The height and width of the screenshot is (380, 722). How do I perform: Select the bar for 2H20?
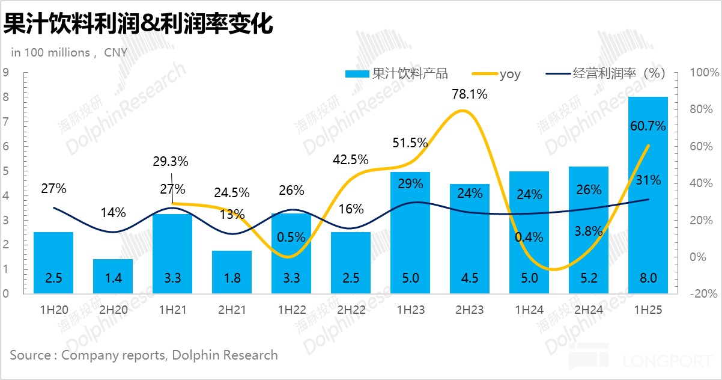[x=113, y=277]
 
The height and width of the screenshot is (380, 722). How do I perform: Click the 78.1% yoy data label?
[x=469, y=94]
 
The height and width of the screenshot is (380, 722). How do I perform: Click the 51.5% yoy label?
[x=410, y=143]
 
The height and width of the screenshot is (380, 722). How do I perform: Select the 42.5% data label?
[x=351, y=160]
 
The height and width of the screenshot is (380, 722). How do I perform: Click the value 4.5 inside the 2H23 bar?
[x=469, y=278]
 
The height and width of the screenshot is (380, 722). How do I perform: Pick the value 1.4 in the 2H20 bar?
[x=113, y=278]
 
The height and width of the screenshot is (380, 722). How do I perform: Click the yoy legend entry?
[x=498, y=74]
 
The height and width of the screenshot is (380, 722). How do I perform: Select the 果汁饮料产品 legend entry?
[x=397, y=74]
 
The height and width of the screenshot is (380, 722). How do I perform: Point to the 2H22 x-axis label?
[x=351, y=310]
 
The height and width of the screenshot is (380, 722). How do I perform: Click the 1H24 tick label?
[x=529, y=310]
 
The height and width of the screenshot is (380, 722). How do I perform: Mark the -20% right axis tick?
[x=705, y=294]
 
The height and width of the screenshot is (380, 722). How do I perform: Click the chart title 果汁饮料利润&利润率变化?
[x=138, y=24]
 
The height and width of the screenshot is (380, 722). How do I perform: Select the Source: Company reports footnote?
[x=144, y=355]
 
